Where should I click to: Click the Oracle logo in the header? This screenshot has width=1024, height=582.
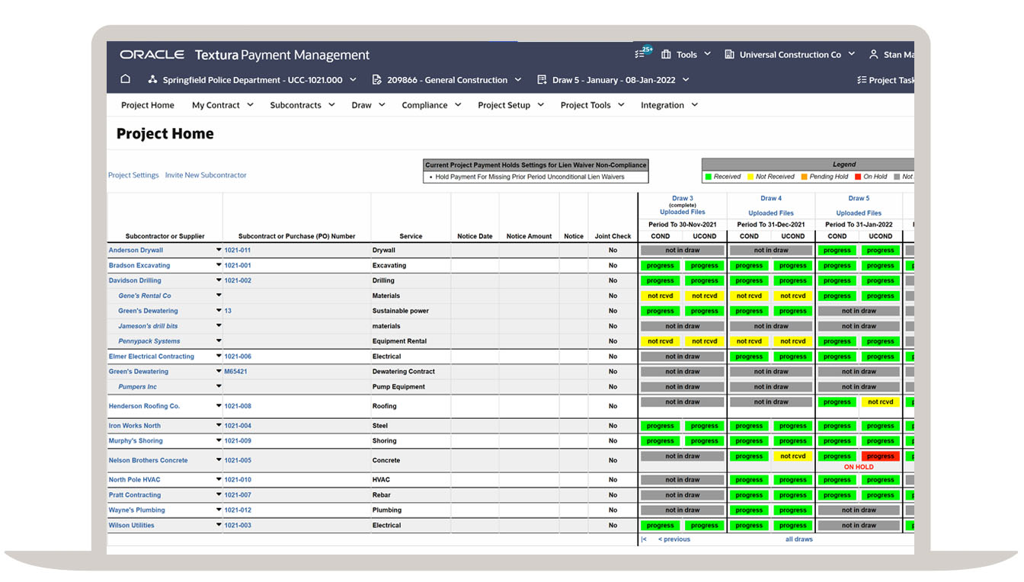click(152, 55)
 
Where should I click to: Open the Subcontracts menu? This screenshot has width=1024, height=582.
click(302, 105)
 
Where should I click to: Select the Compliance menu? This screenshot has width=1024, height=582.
click(430, 105)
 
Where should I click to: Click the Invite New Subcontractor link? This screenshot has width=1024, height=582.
click(206, 175)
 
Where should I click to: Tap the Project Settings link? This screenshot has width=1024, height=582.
click(133, 175)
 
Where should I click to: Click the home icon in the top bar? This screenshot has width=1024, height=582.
click(126, 79)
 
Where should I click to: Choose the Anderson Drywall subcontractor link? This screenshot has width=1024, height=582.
click(136, 250)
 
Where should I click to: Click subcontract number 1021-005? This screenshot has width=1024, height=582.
click(238, 460)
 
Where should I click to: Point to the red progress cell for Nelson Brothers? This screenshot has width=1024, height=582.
click(880, 456)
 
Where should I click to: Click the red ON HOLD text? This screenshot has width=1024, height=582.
click(859, 467)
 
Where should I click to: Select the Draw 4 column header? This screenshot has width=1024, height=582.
click(770, 199)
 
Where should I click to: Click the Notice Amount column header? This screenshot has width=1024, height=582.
click(529, 236)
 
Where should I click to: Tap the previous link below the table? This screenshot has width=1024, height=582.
click(674, 539)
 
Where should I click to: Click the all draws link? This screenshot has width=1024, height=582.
click(798, 539)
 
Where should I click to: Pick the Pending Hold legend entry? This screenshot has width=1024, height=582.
click(825, 177)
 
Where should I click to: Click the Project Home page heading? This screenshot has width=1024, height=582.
click(165, 134)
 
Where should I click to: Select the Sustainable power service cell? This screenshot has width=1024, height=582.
click(400, 311)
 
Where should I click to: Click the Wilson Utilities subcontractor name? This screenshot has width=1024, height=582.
click(131, 525)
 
